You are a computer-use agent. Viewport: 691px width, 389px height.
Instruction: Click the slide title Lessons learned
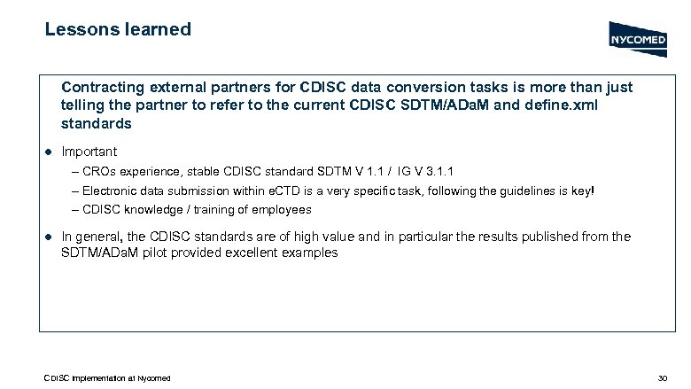118,29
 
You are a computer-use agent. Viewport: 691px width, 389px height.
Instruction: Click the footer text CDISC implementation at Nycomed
107,378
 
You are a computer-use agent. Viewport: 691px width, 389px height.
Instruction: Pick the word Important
89,152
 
